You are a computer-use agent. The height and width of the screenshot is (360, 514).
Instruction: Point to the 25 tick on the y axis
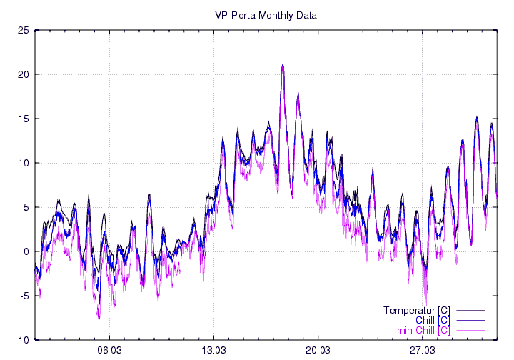tap(24, 30)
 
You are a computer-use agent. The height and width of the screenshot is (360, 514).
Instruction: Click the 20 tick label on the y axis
tap(24, 74)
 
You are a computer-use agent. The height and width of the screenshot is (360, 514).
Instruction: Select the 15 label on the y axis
tap(24, 119)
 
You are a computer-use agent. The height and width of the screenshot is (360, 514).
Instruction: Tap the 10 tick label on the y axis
tap(24, 163)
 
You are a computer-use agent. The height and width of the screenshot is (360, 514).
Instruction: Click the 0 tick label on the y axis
tap(26, 251)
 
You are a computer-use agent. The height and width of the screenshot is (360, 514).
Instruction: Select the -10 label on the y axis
tap(22, 340)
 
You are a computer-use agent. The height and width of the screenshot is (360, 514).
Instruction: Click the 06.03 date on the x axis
tap(109, 350)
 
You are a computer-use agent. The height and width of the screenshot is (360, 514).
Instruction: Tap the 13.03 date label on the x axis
tap(214, 350)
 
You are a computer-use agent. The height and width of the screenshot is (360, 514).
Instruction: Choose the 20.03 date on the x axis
tap(318, 350)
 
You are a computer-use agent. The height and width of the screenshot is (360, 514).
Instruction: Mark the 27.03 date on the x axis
tap(423, 350)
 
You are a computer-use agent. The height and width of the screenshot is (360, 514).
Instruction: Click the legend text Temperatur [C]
tap(416, 311)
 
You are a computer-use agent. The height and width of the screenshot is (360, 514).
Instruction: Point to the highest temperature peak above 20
tap(283, 64)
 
